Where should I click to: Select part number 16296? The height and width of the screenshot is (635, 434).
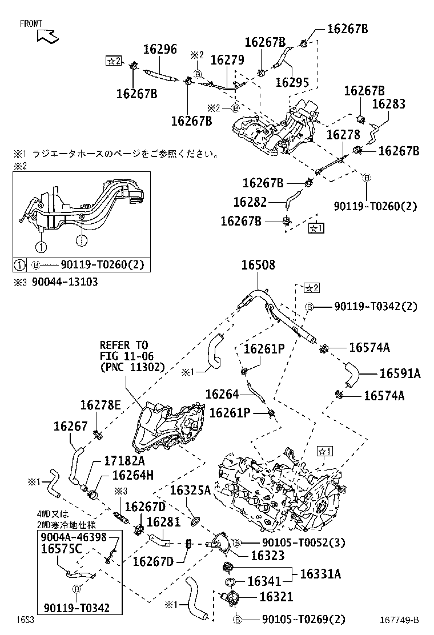tap(159, 50)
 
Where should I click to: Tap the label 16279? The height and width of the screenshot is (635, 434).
tap(227, 60)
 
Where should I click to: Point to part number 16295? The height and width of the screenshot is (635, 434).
tap(292, 82)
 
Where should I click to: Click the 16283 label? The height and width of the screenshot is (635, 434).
tap(388, 104)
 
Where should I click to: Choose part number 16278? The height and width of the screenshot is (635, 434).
tap(343, 135)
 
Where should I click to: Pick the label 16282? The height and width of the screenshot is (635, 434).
tap(251, 202)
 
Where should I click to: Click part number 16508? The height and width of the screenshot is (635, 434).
tap(258, 265)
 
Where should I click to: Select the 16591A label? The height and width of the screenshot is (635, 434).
tap(400, 373)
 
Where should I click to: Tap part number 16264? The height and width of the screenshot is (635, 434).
tap(222, 394)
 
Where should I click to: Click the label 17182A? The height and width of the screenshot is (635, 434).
tap(124, 460)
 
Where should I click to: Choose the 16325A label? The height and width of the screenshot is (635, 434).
tap(191, 490)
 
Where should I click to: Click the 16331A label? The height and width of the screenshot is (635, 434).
tap(320, 574)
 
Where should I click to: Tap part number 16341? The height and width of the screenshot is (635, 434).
tap(264, 581)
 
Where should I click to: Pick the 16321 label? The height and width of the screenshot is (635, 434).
tap(276, 597)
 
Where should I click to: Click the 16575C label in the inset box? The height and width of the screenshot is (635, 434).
tap(61, 549)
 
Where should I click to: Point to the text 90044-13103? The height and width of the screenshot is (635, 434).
tap(65, 282)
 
